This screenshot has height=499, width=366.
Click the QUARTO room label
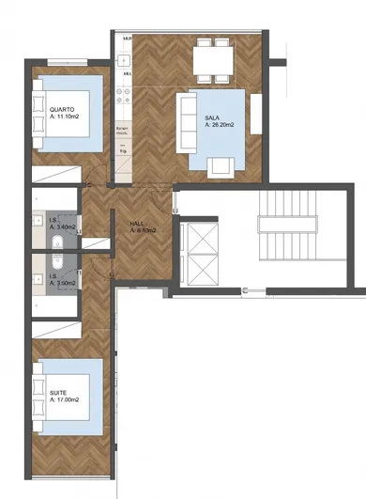point(63,109)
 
